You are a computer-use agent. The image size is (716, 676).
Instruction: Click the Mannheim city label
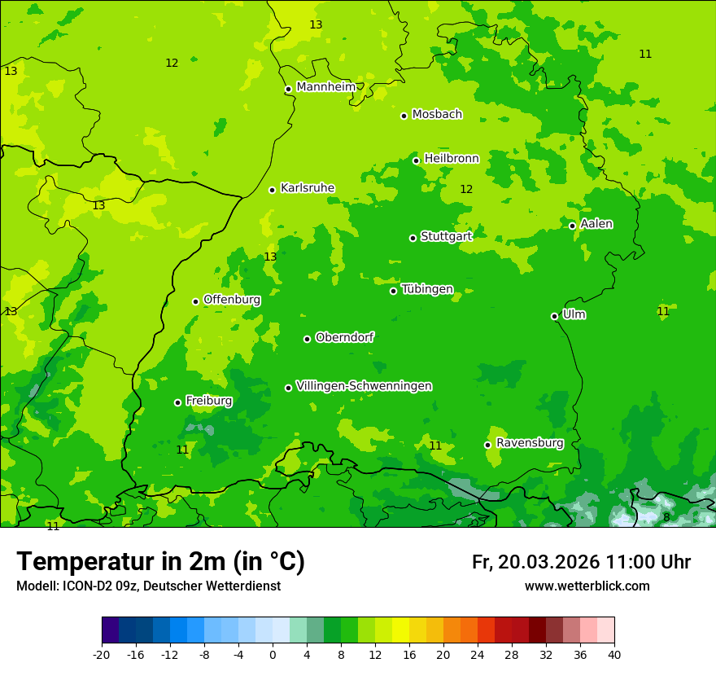[x=326, y=87]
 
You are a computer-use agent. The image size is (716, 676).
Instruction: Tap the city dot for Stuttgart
[x=413, y=238]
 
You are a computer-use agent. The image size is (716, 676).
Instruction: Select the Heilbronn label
[x=452, y=159]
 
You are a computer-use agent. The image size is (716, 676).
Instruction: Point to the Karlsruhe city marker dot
[x=272, y=190]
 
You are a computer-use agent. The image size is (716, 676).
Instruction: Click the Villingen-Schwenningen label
[x=364, y=386]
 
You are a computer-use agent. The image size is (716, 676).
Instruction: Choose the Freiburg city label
[x=208, y=401]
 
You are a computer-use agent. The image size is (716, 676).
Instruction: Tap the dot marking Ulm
[x=554, y=316]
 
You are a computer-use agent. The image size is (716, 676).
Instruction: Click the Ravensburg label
[x=530, y=443]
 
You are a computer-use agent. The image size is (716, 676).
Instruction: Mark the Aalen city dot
[x=572, y=226]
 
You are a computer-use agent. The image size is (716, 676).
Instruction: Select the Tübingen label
[x=427, y=289]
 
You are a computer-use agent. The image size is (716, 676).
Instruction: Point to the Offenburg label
[x=232, y=300]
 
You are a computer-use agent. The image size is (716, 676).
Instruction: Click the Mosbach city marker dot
[x=404, y=116]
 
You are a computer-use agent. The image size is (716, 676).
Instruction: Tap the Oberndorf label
[x=345, y=337]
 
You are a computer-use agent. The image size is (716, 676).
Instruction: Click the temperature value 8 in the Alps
[x=666, y=517]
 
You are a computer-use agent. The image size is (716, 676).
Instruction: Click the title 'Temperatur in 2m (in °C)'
[x=160, y=562]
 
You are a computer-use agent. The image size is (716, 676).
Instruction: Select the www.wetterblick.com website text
[x=587, y=586]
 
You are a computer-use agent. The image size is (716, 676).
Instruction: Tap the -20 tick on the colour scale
[x=102, y=654]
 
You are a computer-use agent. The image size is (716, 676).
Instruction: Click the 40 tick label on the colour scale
[x=614, y=654]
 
